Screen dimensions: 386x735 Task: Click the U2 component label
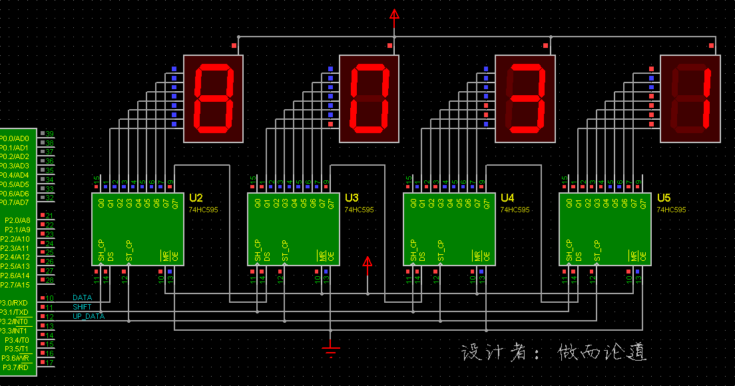pos(196,198)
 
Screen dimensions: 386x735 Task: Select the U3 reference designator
pos(352,198)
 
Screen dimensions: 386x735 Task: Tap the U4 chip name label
pos(507,198)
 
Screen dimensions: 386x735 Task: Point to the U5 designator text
pos(664,198)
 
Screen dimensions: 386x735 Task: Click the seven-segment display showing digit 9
pos(214,98)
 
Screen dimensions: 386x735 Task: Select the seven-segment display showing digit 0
pos(369,98)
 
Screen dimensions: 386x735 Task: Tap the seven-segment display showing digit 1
pos(690,98)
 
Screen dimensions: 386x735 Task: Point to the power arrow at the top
pos(394,14)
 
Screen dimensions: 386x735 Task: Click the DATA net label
pos(82,298)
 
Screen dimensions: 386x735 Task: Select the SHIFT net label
pos(82,307)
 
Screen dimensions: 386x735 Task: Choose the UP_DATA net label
pos(88,317)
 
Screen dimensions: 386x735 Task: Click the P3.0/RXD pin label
pos(14,303)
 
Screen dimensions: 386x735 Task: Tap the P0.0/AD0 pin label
pos(14,138)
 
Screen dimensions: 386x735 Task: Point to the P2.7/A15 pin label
pos(15,285)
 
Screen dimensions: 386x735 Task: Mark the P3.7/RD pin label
pos(15,367)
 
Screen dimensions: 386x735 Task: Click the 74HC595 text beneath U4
pos(515,210)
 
